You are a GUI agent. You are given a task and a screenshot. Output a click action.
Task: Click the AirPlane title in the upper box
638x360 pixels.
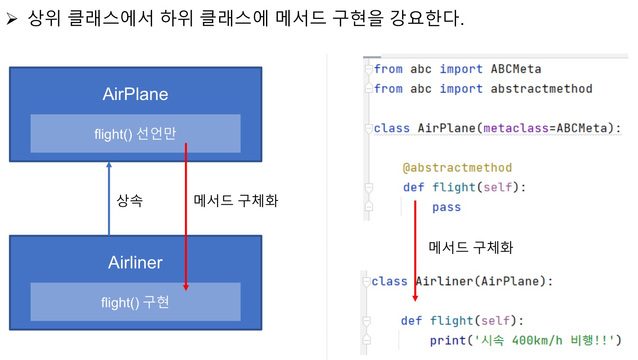coord(135,94)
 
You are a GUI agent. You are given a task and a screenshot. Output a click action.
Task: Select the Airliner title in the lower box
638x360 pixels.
coord(135,263)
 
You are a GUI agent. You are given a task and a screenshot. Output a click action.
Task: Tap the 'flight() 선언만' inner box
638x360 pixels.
coord(135,134)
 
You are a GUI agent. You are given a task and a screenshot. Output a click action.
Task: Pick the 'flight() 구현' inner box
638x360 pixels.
coord(135,302)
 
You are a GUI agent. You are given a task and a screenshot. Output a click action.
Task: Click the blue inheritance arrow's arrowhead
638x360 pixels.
coord(109,165)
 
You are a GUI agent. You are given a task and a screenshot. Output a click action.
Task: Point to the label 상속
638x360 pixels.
coord(130,200)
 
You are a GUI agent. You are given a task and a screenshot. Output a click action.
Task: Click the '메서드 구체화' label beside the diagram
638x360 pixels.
coord(236,200)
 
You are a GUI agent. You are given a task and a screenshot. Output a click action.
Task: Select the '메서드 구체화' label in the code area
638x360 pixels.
coord(471,247)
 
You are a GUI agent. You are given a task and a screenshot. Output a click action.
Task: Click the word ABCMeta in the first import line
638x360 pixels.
coord(516,69)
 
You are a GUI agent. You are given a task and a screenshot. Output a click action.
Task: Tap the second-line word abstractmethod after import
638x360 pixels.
coord(541,89)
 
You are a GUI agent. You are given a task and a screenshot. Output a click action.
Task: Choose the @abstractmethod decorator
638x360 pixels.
coord(457,168)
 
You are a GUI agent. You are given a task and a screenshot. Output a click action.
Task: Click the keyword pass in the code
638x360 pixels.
coord(446,208)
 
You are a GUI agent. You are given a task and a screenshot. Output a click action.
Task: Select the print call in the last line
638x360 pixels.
coord(448,341)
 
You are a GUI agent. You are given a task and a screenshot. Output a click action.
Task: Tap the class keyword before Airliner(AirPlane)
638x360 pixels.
coord(389,282)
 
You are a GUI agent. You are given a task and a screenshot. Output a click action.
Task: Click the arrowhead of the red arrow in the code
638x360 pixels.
coord(415,298)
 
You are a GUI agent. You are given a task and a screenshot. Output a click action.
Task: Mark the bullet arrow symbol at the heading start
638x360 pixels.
coord(12,19)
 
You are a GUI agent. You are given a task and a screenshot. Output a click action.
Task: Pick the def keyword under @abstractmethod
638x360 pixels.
coord(413,187)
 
